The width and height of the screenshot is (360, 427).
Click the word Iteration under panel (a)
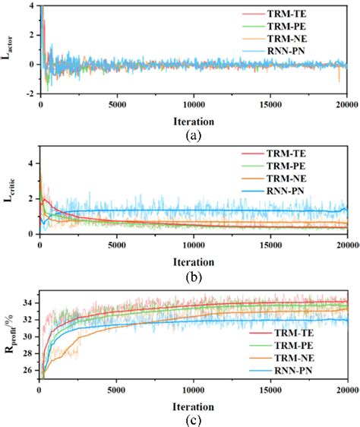[193, 119]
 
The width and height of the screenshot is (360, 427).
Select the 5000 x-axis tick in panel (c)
[116, 387]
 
